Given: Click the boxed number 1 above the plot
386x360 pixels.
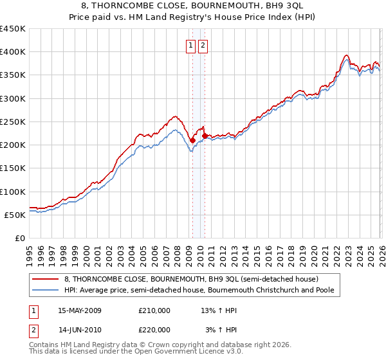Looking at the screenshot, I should point(192,45).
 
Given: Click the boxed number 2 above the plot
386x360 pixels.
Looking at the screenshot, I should point(203,45).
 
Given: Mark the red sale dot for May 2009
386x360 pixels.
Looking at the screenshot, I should point(192,140).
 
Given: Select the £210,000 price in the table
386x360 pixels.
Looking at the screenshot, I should point(154,310).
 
